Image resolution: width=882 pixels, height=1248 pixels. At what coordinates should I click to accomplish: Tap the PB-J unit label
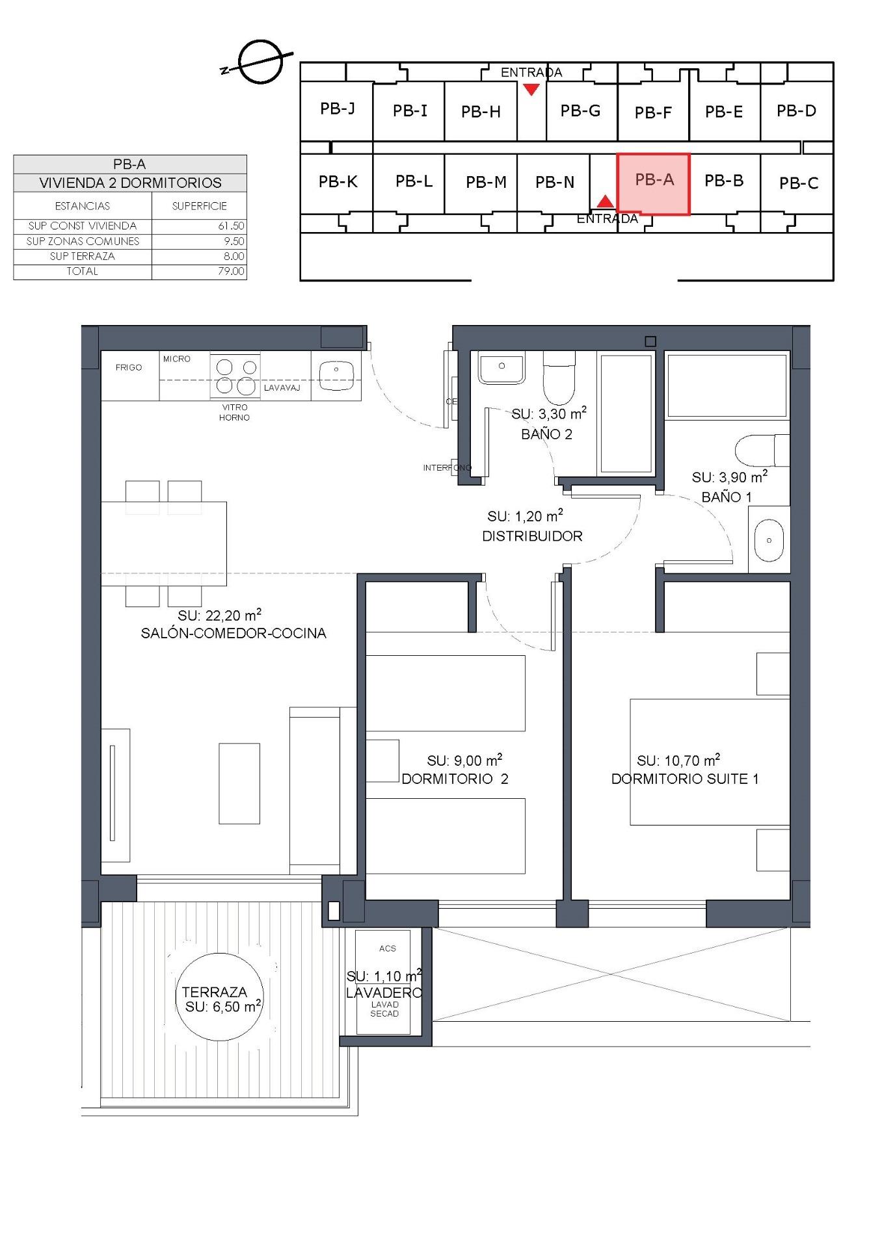[x=337, y=109]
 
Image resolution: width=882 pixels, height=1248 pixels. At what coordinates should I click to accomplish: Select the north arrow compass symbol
[x=260, y=62]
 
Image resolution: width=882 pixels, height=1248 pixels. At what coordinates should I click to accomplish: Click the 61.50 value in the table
[x=231, y=226]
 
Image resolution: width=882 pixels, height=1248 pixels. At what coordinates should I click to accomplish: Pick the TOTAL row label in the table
[x=82, y=272]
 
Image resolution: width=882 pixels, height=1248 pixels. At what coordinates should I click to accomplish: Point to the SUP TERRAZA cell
[x=82, y=256]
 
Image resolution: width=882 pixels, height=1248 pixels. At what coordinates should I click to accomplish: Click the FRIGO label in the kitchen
[x=129, y=367]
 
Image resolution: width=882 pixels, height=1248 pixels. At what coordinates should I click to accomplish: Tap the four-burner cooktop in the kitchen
[x=235, y=376]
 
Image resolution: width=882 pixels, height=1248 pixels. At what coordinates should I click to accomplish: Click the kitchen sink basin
[x=336, y=374]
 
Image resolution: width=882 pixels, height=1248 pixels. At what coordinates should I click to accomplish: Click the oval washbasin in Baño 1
[x=769, y=540]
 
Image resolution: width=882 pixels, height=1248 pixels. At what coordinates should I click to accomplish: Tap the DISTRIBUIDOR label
[x=532, y=536]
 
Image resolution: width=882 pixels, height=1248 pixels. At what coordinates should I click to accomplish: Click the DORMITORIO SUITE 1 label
[x=685, y=779]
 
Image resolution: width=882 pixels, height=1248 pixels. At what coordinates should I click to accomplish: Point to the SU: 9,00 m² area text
[x=464, y=760]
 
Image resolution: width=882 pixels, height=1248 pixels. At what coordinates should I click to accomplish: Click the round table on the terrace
[x=220, y=998]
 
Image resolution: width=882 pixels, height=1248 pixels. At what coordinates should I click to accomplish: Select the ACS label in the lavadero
[x=388, y=948]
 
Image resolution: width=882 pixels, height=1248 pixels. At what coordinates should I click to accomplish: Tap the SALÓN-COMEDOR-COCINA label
[x=234, y=633]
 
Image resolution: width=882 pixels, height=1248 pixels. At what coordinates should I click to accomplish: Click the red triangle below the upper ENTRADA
[x=531, y=90]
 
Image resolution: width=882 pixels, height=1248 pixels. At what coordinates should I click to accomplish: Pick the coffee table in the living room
[x=239, y=783]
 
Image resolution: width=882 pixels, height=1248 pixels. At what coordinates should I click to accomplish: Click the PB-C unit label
[x=798, y=183]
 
